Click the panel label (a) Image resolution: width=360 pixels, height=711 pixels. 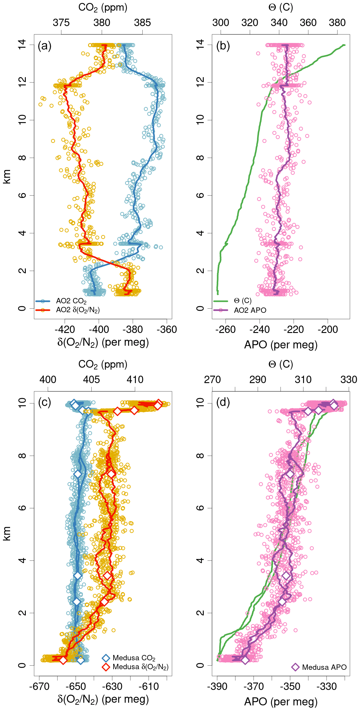click(44, 46)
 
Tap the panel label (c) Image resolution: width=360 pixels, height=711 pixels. click(44, 402)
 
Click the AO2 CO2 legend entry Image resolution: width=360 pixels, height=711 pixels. click(71, 301)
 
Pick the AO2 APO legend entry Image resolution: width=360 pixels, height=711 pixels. click(250, 310)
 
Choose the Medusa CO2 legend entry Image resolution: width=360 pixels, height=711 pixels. click(134, 658)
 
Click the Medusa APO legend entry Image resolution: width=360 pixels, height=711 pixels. click(324, 667)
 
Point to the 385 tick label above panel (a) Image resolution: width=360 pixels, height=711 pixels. click(142, 23)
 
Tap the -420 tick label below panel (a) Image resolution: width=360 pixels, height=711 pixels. click(65, 329)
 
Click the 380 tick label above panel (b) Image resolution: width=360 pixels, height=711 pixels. click(337, 23)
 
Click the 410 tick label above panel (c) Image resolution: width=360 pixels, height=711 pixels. click(135, 380)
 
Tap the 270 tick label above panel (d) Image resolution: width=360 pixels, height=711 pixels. click(212, 380)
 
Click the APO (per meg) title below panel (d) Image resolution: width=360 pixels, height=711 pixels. click(281, 702)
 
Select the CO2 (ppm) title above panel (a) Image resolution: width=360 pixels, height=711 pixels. click(103, 7)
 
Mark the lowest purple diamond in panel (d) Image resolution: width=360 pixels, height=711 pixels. click(245, 660)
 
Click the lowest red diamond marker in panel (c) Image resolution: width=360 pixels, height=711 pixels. click(63, 660)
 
